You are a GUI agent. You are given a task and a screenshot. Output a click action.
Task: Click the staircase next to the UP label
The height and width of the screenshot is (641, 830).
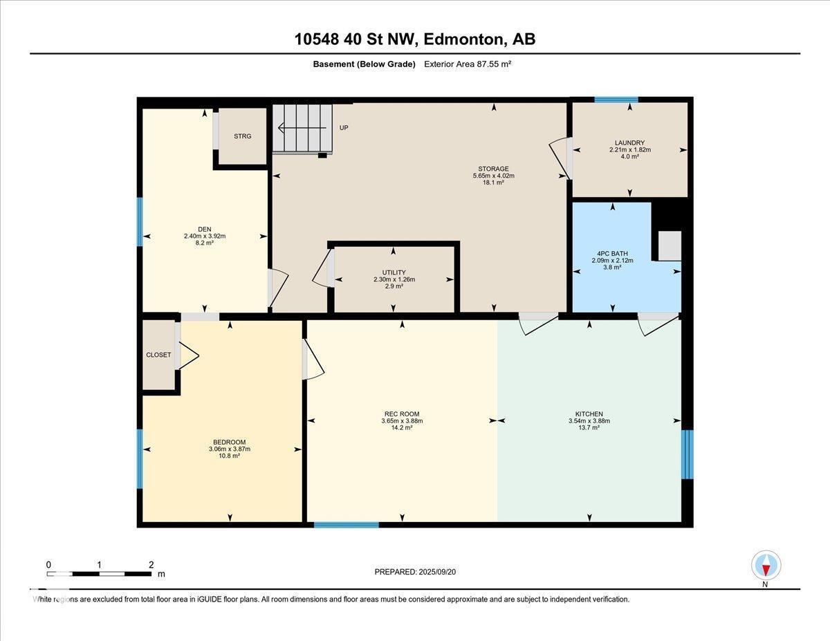[x=302, y=128]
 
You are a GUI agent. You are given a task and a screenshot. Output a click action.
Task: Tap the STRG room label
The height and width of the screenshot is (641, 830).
[x=242, y=136]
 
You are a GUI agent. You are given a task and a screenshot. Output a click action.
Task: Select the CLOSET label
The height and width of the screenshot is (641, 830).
[x=158, y=355]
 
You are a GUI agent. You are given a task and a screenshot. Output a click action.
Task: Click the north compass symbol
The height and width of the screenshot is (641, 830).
[x=766, y=566]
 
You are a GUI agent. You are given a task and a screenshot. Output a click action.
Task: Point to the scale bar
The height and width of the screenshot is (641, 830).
[x=100, y=573]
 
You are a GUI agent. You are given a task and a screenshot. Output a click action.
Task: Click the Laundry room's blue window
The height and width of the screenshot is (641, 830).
[x=616, y=100]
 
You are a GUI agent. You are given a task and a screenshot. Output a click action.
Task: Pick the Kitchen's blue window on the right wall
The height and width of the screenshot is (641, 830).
[x=687, y=454]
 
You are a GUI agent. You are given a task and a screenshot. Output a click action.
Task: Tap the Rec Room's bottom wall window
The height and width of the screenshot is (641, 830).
[x=346, y=525]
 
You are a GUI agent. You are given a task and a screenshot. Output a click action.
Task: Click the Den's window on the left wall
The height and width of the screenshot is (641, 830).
[x=140, y=221]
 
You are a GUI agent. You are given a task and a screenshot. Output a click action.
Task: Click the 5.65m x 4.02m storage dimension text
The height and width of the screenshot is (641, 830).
[x=493, y=176]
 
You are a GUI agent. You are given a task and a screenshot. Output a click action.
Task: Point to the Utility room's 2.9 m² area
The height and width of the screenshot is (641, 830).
[x=394, y=286]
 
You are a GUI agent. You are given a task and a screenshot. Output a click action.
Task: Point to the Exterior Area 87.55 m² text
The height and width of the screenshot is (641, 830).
[x=467, y=64]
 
